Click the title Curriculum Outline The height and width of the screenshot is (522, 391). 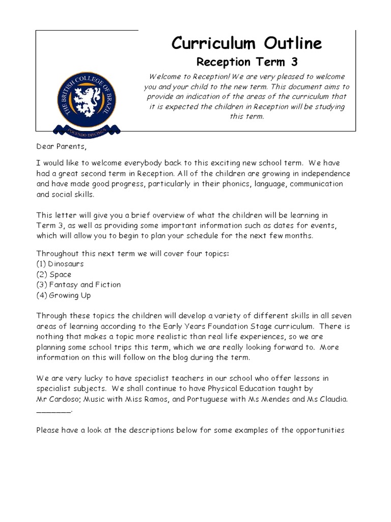click(x=246, y=43)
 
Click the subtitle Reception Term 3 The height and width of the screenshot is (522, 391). click(x=247, y=62)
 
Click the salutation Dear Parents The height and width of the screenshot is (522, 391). click(x=58, y=147)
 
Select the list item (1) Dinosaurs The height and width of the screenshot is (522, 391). click(x=60, y=264)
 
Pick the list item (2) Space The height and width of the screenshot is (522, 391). click(x=53, y=274)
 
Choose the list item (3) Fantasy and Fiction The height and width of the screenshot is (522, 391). click(x=78, y=284)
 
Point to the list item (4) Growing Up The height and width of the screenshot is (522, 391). click(x=64, y=295)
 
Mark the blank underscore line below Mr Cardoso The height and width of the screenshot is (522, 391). click(x=54, y=410)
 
